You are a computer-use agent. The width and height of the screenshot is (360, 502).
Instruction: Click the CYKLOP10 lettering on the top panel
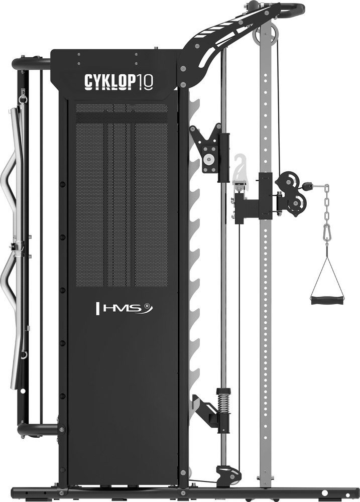pos(118,81)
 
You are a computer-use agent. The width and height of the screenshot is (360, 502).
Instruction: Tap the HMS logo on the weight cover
pos(125,308)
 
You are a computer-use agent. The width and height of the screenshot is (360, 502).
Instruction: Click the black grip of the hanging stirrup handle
pos(327,301)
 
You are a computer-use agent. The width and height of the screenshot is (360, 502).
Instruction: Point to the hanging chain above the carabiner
pos(327,204)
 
